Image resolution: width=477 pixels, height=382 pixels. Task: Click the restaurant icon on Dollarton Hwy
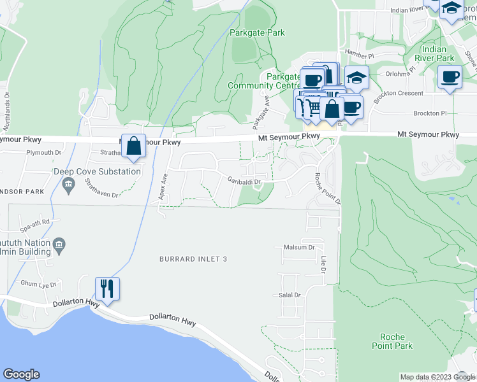pos(106,288)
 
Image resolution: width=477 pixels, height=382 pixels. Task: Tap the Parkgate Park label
pos(258,32)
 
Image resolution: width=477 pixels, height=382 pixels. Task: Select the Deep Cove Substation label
pos(97,171)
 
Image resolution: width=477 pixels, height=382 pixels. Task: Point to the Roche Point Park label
pos(396,341)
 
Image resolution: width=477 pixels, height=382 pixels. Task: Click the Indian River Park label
pos(437,53)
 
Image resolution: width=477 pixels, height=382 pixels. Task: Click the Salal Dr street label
pos(289,295)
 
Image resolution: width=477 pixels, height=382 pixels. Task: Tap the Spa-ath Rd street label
pos(34,222)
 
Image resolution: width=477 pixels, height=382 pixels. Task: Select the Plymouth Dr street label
pos(43,153)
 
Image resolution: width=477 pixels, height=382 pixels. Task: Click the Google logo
pos(21,374)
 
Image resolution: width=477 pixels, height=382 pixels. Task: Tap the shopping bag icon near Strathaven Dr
pos(133,146)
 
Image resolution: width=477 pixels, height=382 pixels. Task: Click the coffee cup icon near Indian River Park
pos(450,77)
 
